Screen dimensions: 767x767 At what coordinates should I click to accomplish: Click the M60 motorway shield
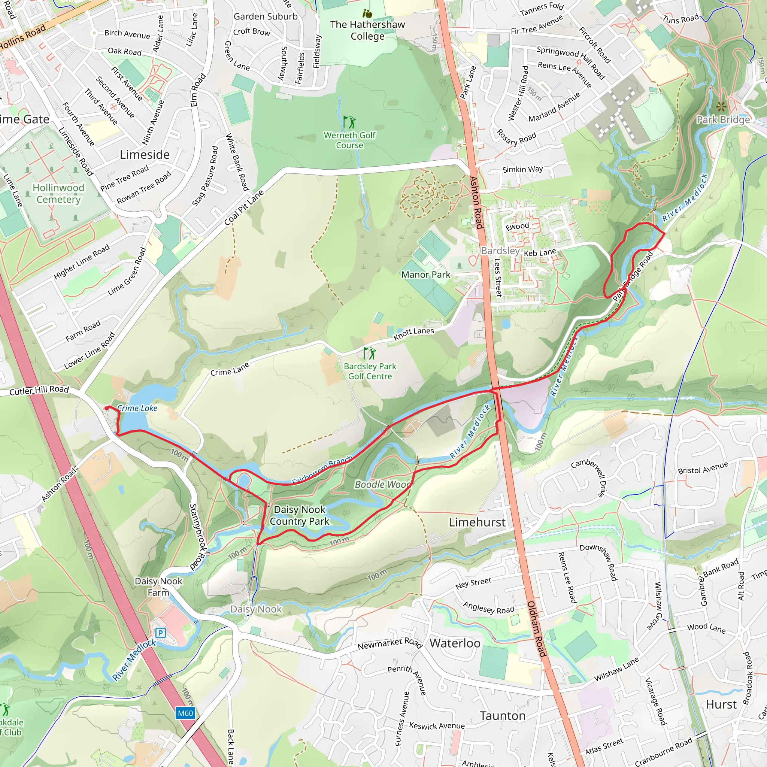pyautogui.click(x=185, y=713)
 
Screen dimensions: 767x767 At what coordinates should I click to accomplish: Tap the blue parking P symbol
pyautogui.click(x=161, y=633)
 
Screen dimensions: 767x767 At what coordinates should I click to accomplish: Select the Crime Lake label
pyautogui.click(x=137, y=408)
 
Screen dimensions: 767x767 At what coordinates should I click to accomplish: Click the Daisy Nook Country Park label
pyautogui.click(x=300, y=515)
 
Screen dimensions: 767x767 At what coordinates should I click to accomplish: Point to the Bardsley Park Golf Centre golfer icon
pyautogui.click(x=370, y=353)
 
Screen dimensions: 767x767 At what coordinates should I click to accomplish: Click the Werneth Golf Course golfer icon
pyautogui.click(x=349, y=122)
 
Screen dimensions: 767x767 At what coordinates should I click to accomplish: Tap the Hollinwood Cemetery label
pyautogui.click(x=58, y=193)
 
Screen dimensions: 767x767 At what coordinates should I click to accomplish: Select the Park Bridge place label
pyautogui.click(x=723, y=119)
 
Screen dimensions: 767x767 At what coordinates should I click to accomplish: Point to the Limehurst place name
pyautogui.click(x=477, y=522)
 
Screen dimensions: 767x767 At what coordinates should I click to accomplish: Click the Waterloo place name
pyautogui.click(x=455, y=643)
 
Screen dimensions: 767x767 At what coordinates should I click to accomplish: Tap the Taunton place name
pyautogui.click(x=503, y=716)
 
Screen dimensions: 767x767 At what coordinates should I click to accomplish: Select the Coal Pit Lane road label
pyautogui.click(x=244, y=207)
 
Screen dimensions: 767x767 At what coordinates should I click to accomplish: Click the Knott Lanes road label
pyautogui.click(x=414, y=334)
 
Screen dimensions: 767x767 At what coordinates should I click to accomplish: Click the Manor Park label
pyautogui.click(x=425, y=274)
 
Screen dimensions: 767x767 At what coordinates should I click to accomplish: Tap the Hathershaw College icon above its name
pyautogui.click(x=368, y=14)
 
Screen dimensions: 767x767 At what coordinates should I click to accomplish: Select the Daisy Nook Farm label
pyautogui.click(x=158, y=587)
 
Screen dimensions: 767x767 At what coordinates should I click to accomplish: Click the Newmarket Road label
pyautogui.click(x=389, y=643)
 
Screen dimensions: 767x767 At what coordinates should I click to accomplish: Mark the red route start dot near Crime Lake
pyautogui.click(x=107, y=408)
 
